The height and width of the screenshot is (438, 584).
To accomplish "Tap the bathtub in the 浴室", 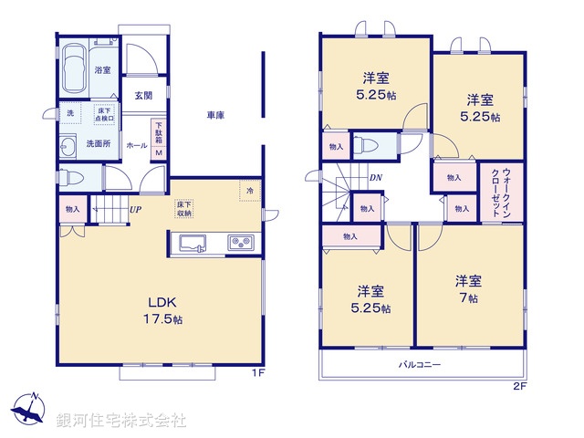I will (x=76, y=67).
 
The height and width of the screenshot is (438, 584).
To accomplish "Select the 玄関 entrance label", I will (x=143, y=96).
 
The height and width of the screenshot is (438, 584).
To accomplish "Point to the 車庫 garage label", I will (x=215, y=116).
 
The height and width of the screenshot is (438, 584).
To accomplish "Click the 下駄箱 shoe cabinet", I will (x=158, y=138).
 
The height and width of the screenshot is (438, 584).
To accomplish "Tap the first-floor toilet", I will (x=72, y=178).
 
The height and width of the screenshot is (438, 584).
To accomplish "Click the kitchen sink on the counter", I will (x=193, y=242).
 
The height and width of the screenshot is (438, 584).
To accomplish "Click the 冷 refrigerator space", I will (x=249, y=190).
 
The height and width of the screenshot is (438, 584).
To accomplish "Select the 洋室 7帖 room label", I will (x=469, y=289).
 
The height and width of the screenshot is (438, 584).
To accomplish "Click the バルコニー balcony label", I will (x=420, y=364).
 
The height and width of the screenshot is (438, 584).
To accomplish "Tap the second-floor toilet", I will (x=367, y=144).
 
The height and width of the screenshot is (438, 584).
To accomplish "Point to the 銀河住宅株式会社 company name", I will (x=121, y=421).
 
